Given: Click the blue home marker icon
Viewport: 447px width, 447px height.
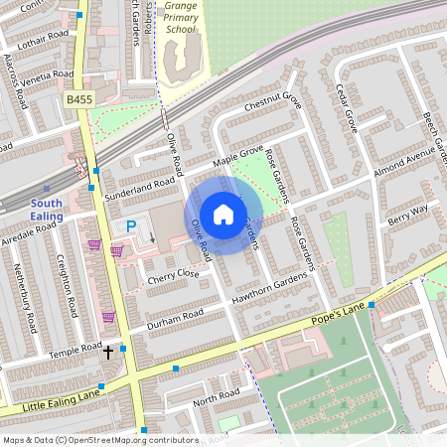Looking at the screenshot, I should click(223, 214).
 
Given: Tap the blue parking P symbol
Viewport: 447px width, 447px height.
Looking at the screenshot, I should click(130, 227).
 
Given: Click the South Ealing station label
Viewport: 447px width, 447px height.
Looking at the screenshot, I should click(46, 209).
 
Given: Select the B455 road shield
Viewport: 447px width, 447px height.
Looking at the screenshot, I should click(78, 99).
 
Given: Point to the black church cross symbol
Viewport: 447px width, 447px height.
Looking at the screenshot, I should click(108, 352).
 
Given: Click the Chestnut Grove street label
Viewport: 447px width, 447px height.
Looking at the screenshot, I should click(271, 102).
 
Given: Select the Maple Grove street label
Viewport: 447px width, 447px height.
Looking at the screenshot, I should click(237, 156).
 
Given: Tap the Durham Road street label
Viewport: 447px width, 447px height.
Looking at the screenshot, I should click(175, 319).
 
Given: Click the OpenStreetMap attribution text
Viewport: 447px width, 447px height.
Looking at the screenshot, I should click(99, 440).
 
